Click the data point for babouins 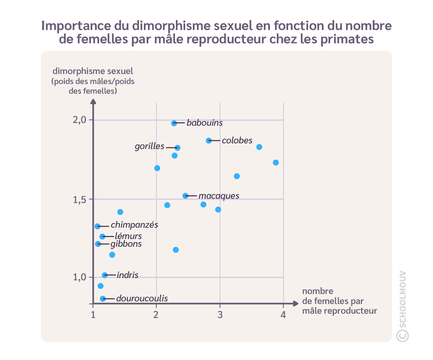click(174, 123)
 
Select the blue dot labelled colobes click(209, 141)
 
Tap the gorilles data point click(178, 148)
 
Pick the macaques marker click(186, 196)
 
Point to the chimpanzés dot click(97, 226)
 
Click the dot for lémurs click(102, 236)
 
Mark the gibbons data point click(98, 244)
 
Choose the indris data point click(105, 275)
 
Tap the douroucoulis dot click(103, 299)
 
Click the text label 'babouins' click(205, 123)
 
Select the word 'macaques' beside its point click(219, 196)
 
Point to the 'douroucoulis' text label click(142, 298)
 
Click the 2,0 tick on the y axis click(79, 120)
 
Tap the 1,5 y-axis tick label click(79, 200)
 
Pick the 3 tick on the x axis click(220, 315)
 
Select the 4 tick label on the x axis click(283, 315)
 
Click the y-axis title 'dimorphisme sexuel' click(93, 71)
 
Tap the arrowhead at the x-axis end click(296, 304)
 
